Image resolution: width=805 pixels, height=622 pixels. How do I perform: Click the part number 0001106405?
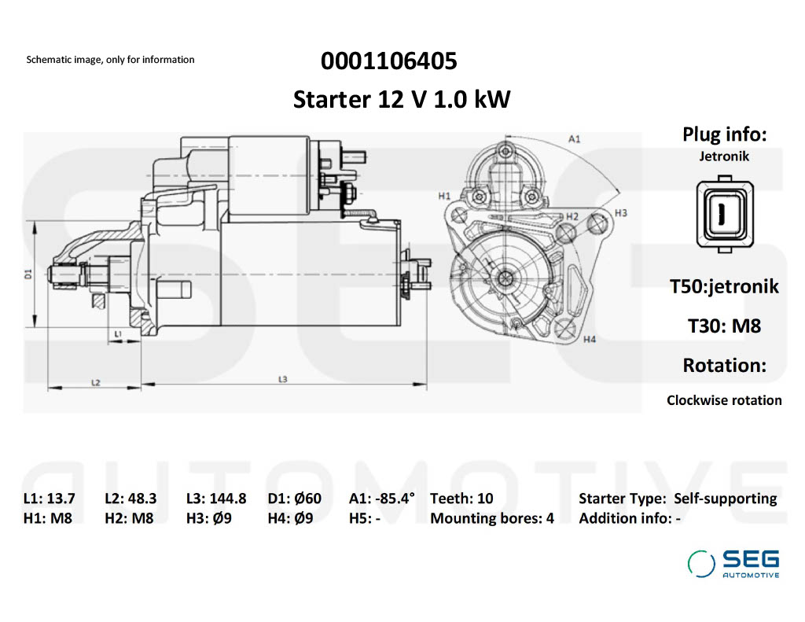388,61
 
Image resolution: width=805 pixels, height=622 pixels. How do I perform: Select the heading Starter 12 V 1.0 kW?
402,99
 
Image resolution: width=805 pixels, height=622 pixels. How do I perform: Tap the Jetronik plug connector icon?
724,214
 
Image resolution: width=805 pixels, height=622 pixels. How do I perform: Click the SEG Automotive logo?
733,564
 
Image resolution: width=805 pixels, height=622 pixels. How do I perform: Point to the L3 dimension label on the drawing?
282,379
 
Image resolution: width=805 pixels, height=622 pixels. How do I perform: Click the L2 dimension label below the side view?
95,383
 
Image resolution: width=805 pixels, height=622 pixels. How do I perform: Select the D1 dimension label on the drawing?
29,274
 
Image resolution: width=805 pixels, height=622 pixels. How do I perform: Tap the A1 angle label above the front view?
575,138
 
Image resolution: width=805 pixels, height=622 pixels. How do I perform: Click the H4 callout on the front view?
590,339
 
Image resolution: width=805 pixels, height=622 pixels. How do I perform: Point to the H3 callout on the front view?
621,212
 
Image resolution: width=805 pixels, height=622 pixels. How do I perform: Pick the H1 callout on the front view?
444,196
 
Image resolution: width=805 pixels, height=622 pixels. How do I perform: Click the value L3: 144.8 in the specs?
216,499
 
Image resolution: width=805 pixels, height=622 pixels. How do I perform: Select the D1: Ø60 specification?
295,499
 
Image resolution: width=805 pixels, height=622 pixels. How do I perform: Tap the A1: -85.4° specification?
382,499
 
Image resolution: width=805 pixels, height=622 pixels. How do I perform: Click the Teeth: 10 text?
461,499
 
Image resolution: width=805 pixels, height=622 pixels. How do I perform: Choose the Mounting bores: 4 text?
492,518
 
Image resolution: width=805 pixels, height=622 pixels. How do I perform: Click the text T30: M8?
724,326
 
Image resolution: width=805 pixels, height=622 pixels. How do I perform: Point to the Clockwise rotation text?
724,400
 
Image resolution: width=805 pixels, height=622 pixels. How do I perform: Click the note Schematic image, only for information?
110,60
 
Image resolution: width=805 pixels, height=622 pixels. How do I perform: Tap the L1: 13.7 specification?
50,499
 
